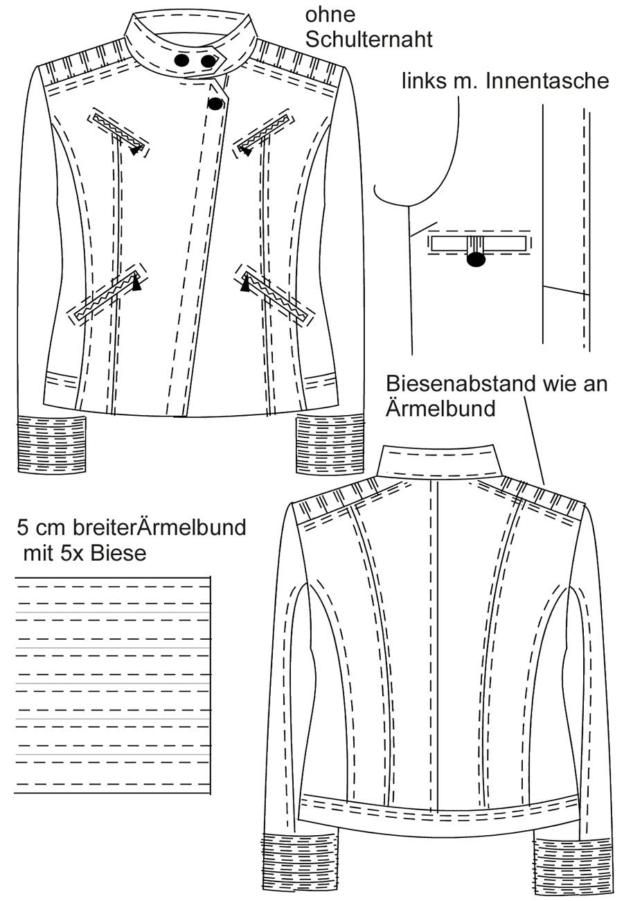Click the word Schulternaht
368,40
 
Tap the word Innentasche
547,81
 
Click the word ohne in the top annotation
330,15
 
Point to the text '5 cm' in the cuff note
42,527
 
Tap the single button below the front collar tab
215,104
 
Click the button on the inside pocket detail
476,259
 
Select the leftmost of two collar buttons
182,60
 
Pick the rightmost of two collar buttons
208,61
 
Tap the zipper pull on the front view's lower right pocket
244,284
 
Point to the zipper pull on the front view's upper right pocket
245,151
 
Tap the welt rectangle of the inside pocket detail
478,243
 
